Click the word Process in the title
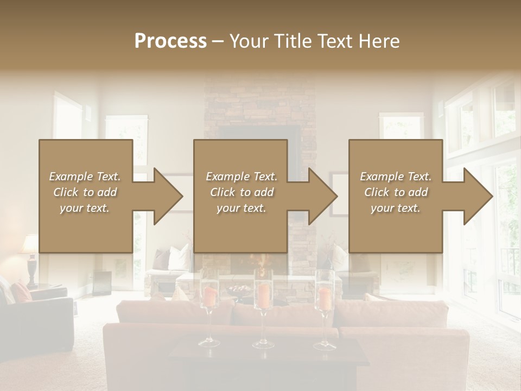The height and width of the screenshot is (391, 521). [170, 41]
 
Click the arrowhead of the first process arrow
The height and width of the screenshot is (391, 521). [168, 196]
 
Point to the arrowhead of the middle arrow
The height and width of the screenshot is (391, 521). [323, 196]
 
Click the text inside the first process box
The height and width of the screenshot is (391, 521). [85, 192]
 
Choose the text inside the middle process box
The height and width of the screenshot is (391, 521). [241, 192]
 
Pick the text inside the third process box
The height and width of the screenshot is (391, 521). [396, 192]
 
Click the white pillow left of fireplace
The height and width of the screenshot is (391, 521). [180, 258]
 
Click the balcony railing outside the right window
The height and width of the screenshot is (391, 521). [510, 266]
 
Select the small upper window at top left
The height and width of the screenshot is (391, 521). [68, 117]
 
